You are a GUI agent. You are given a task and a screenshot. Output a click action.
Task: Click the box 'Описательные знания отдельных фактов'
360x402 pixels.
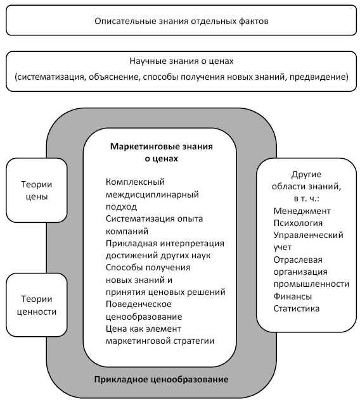click(x=181, y=21)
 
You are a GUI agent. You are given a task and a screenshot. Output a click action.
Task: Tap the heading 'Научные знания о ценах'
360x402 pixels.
click(x=181, y=62)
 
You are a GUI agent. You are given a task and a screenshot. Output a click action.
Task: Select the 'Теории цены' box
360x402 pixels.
click(x=36, y=190)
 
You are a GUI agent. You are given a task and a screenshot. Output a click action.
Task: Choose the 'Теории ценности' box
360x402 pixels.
click(x=36, y=305)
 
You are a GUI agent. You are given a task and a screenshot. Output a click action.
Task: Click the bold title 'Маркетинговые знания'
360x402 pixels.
click(x=162, y=147)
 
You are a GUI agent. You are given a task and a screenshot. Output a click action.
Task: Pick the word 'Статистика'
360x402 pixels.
click(x=297, y=308)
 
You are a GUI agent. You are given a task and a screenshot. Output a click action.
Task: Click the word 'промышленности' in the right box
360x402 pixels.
click(x=311, y=284)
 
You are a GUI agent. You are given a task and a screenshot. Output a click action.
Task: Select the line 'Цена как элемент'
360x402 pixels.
click(x=144, y=329)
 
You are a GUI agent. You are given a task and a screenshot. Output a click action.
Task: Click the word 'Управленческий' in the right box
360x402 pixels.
click(x=308, y=235)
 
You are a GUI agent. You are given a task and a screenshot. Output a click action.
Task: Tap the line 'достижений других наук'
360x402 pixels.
click(x=158, y=255)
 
